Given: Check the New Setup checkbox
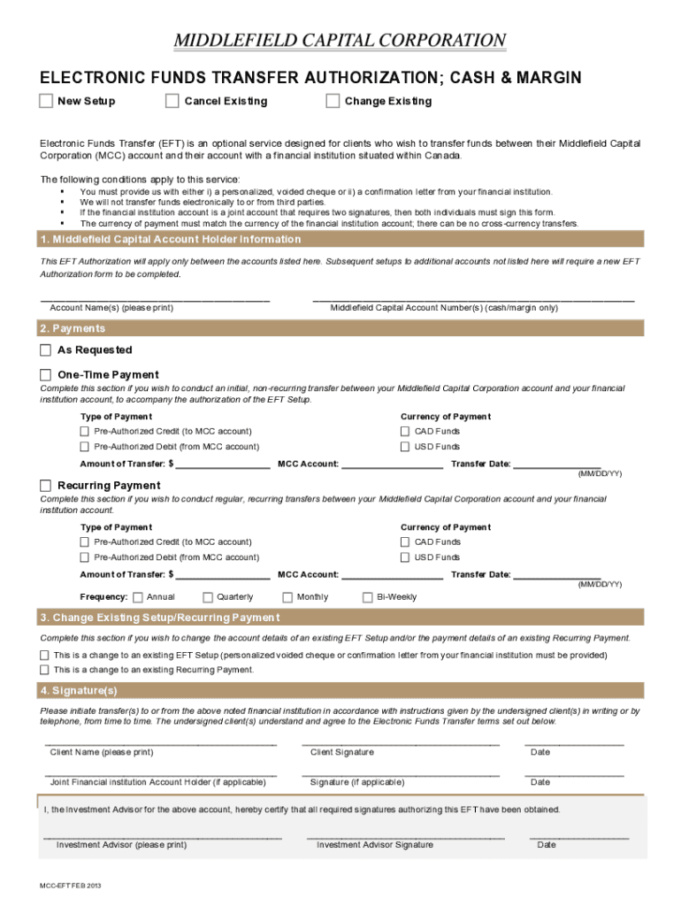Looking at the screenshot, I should point(46,101).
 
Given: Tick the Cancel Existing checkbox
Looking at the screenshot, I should point(172,101).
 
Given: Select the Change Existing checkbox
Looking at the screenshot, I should point(333,101).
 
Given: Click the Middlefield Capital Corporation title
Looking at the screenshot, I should point(340,41).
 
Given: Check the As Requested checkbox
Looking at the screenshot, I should point(46,349).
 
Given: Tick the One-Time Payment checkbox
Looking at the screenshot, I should point(46,374).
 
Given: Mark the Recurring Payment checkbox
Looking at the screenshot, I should point(46,485).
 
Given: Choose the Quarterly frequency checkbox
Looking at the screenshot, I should point(209,597).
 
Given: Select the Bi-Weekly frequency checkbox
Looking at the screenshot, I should point(368,597).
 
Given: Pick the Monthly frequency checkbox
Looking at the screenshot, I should point(287,597).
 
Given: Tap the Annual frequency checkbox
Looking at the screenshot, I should point(138,597).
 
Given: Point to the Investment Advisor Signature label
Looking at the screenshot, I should point(375,845).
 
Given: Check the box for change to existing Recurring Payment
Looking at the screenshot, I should point(45,670).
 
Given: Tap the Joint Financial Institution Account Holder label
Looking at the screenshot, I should point(157,782).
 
